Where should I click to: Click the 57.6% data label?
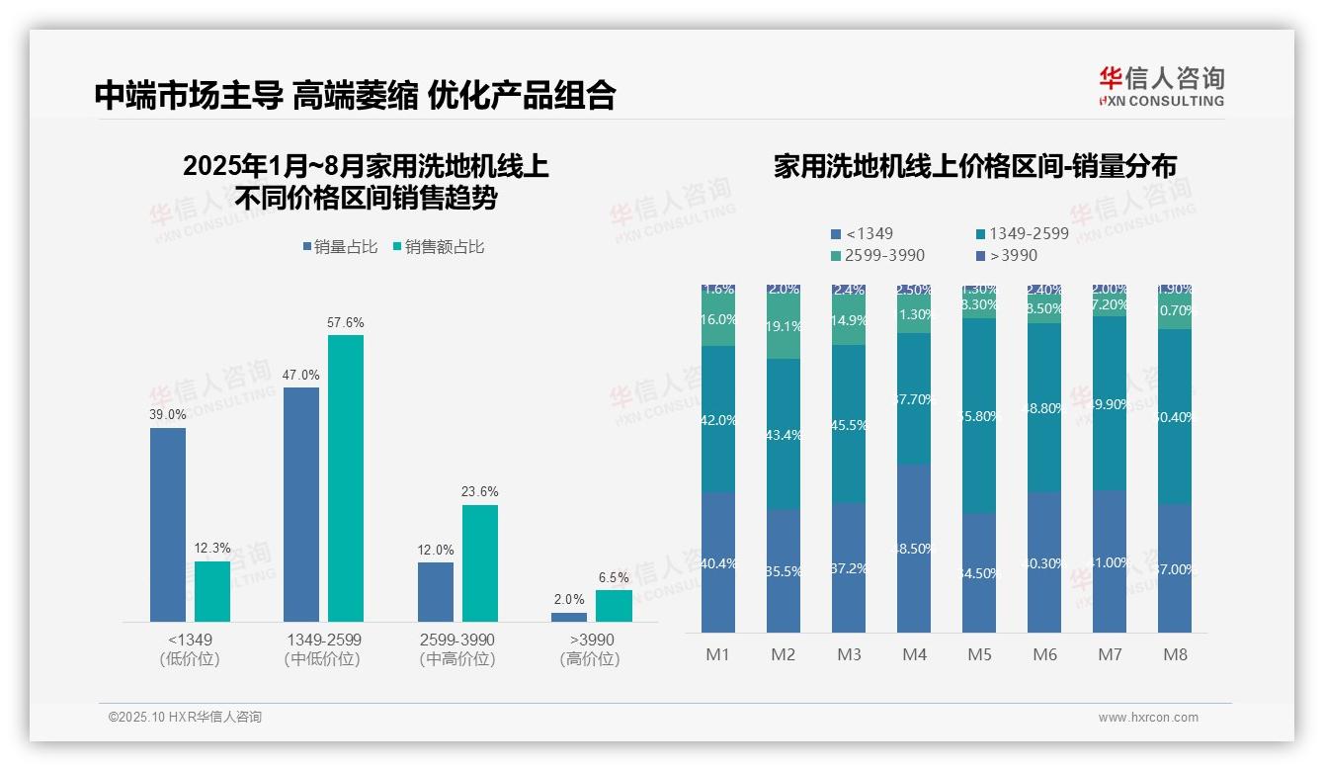(x=346, y=323)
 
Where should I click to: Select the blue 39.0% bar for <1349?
(x=168, y=524)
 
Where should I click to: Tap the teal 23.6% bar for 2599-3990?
(x=480, y=563)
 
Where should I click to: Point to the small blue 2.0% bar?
(x=569, y=617)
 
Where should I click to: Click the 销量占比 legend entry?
(x=340, y=247)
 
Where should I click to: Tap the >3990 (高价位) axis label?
(x=591, y=648)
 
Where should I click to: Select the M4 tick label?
(x=914, y=654)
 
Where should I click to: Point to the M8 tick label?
(x=1175, y=654)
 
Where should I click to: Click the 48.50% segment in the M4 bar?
(x=914, y=549)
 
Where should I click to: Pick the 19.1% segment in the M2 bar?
(x=784, y=326)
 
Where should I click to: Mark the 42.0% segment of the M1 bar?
(x=718, y=419)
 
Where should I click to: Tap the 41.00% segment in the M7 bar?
(x=1110, y=561)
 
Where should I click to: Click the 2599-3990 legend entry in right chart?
(x=878, y=255)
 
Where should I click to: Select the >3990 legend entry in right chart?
(x=1007, y=255)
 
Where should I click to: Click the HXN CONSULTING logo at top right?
(x=1161, y=86)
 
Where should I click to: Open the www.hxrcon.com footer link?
(x=1148, y=718)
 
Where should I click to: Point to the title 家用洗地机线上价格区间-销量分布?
(x=974, y=166)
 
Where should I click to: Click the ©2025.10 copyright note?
(x=185, y=718)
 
